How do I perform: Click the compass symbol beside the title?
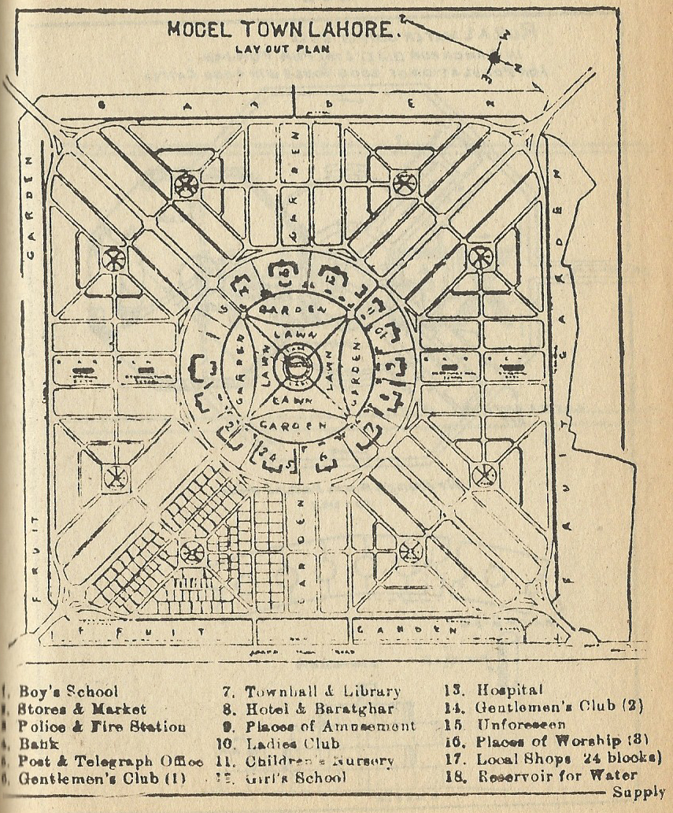(x=494, y=57)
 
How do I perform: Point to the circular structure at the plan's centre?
(x=297, y=365)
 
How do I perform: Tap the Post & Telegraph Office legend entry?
(x=110, y=761)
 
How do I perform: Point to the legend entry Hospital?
(x=510, y=690)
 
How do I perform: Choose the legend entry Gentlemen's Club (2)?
(x=560, y=706)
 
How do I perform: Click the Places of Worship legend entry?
(x=560, y=741)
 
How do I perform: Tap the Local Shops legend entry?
(x=568, y=759)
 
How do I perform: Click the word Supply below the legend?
(x=639, y=792)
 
